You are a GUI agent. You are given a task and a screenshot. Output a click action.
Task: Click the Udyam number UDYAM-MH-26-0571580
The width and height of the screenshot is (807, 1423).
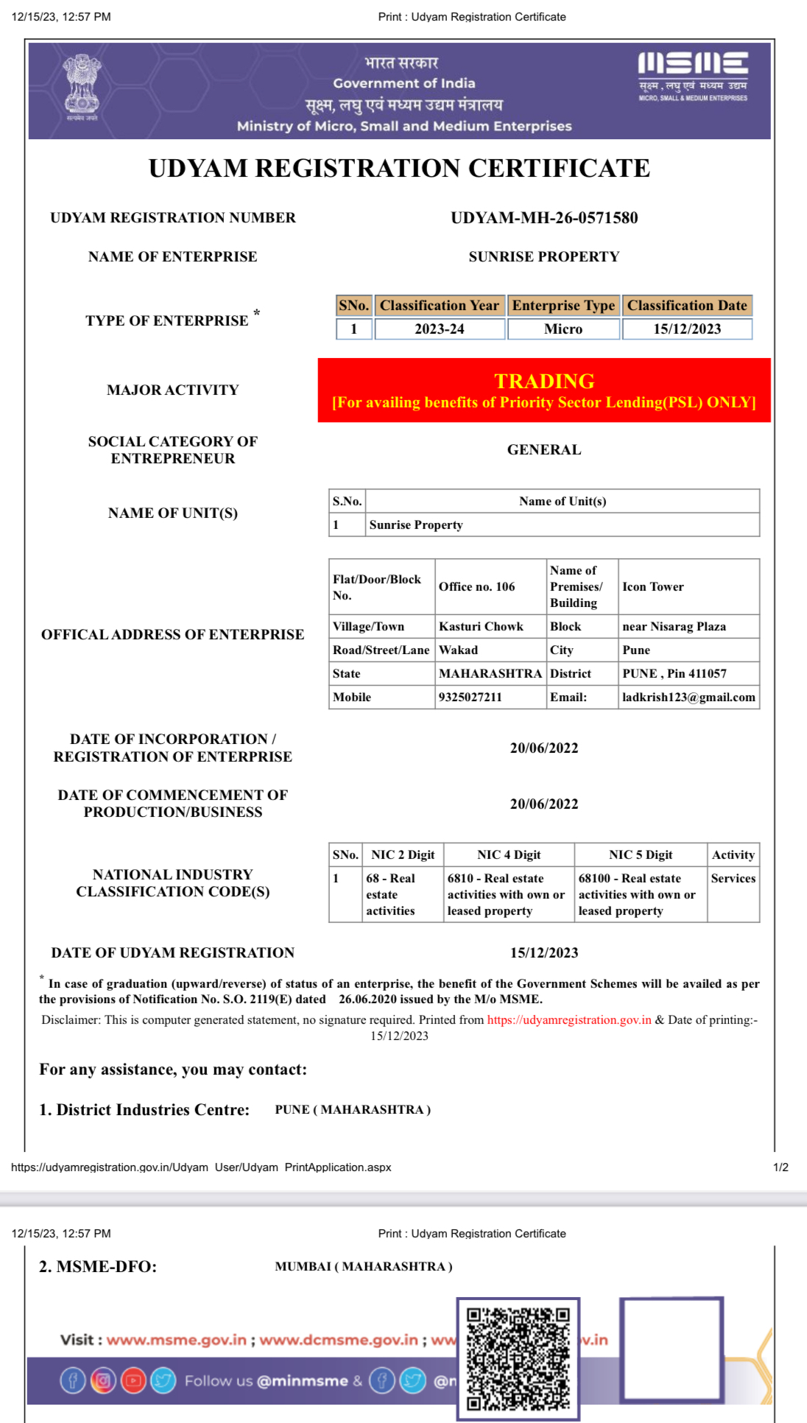pos(544,218)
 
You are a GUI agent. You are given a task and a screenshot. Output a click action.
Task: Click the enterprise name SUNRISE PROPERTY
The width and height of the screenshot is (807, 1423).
pos(544,257)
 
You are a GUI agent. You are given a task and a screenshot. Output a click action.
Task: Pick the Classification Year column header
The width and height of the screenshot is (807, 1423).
pos(440,306)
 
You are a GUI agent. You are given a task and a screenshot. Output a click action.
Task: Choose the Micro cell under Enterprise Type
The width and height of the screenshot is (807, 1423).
pos(563,329)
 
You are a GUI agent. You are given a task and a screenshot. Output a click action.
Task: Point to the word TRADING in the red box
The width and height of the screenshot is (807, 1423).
pos(544,382)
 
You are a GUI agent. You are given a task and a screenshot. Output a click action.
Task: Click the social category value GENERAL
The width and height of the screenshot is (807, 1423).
pos(544,450)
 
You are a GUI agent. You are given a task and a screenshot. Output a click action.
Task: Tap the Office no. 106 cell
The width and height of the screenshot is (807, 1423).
pos(477,587)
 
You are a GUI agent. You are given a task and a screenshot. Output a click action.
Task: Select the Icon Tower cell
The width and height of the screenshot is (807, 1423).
pos(653,587)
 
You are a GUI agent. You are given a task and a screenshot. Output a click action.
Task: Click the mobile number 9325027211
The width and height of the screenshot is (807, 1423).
pos(471,698)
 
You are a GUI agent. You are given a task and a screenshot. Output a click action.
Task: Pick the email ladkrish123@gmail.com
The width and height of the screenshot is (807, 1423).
pos(688,698)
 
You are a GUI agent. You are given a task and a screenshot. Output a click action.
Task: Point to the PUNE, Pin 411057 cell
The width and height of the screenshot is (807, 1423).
pos(674,674)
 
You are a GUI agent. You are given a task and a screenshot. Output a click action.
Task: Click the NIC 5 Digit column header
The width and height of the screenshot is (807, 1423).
pos(641,855)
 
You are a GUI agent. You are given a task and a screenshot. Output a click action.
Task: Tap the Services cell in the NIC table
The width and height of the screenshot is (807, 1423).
pos(733,879)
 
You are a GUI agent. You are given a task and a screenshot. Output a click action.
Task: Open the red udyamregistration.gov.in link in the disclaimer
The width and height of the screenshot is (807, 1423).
pos(569,1020)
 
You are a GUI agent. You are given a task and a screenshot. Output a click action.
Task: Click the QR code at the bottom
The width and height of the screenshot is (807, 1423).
pos(518,1358)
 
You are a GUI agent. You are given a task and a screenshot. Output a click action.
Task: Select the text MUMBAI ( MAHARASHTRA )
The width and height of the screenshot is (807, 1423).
pos(364,1267)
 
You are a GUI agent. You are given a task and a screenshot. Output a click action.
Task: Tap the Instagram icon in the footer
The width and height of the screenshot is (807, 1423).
pos(103,1380)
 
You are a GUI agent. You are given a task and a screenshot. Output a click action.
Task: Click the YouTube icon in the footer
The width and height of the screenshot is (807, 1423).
pos(133,1380)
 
